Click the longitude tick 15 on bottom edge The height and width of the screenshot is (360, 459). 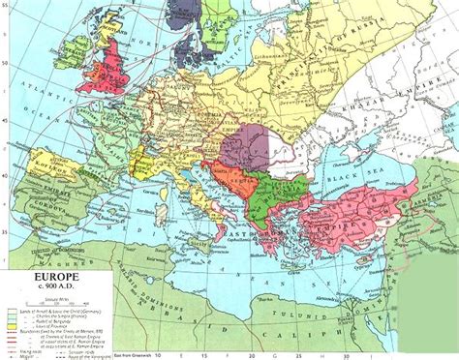(226, 352)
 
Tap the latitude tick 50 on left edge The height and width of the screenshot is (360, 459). (4, 53)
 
